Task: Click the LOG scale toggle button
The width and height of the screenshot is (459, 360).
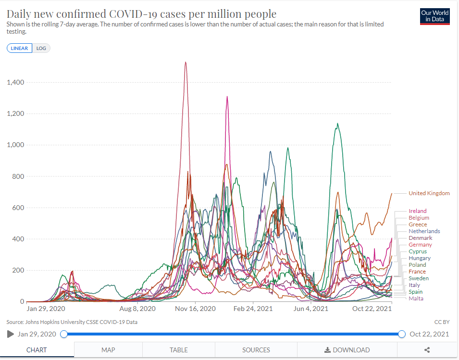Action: pos(41,48)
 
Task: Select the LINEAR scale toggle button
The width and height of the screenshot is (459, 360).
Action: pos(19,48)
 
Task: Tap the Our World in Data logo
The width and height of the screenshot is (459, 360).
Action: pos(434,16)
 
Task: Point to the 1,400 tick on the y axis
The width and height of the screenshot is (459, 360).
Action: pos(15,82)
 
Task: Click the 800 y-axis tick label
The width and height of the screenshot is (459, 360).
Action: pos(18,176)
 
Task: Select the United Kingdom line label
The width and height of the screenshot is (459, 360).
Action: pos(429,193)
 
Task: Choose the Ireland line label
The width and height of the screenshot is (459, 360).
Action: pos(417,211)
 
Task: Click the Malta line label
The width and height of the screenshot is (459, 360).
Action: pos(416,298)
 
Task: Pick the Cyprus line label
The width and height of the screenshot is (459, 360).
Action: pos(417,251)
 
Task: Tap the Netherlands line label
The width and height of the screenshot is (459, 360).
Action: pos(424,231)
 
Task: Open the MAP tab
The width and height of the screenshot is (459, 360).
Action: pos(108,350)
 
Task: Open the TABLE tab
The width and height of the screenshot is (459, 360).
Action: pos(178,350)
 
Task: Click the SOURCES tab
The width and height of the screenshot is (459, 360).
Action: pos(256,350)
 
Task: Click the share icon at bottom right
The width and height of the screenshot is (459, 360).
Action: pos(427,350)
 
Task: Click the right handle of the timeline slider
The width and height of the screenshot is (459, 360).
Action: pos(402,334)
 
